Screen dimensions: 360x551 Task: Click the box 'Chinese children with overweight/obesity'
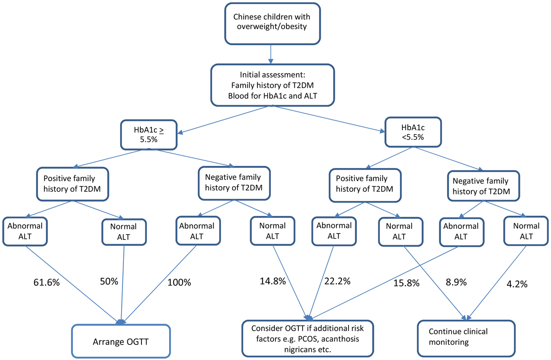[x=272, y=23]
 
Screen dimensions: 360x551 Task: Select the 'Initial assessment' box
[x=272, y=85]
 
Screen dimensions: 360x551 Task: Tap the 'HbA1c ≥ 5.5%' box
[x=149, y=134]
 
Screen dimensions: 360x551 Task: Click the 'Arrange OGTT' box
[x=121, y=342]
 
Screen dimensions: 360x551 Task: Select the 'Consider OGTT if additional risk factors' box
[x=307, y=338]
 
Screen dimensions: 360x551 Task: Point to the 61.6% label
[x=46, y=282]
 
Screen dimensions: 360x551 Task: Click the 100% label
[x=179, y=282]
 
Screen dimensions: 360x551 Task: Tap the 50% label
[x=109, y=281]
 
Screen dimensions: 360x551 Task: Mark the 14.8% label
[x=273, y=281]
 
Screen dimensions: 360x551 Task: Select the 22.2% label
[x=337, y=281]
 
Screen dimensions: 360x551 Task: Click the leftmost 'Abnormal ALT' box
[x=25, y=231]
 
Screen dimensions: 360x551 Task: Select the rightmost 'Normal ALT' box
[x=526, y=231]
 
